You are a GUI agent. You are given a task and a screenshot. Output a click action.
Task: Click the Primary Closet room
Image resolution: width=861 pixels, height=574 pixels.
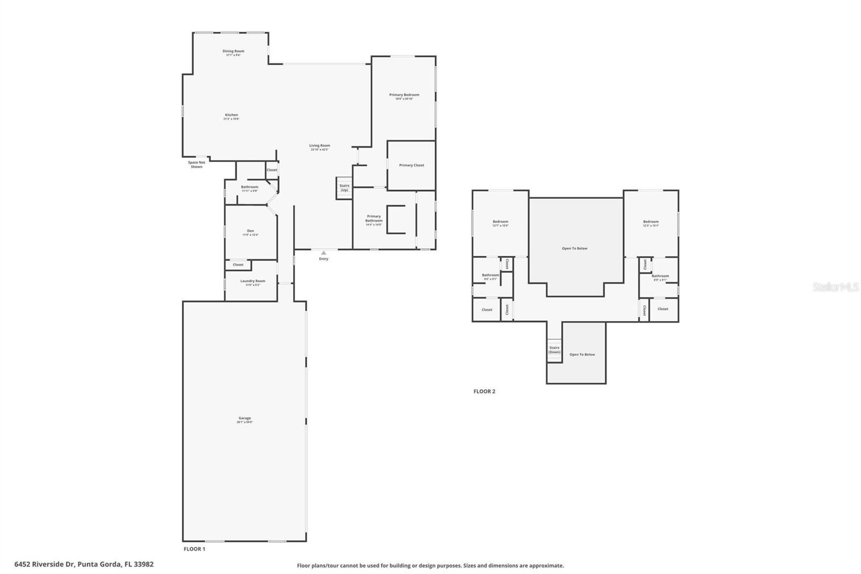pyautogui.click(x=412, y=165)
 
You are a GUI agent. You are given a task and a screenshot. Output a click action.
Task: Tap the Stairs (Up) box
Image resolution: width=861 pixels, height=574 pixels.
pyautogui.click(x=344, y=188)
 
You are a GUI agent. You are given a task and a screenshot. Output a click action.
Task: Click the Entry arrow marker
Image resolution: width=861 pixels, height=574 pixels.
pyautogui.click(x=323, y=253)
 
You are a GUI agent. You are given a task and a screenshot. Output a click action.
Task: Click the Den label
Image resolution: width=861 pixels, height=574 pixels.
pyautogui.click(x=250, y=232)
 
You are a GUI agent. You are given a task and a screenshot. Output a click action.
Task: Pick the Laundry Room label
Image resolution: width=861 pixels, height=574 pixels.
pyautogui.click(x=252, y=282)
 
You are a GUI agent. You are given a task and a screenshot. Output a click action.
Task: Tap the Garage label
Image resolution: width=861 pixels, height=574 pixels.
pyautogui.click(x=245, y=419)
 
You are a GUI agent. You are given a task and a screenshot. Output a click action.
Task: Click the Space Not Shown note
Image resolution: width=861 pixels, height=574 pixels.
pyautogui.click(x=196, y=164)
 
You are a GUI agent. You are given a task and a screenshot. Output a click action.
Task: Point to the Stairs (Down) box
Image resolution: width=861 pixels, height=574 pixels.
pyautogui.click(x=554, y=349)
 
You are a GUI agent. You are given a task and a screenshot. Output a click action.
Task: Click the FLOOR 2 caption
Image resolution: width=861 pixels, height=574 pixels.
pyautogui.click(x=484, y=391)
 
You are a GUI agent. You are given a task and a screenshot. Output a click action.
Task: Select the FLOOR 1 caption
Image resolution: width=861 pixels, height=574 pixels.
pyautogui.click(x=194, y=549)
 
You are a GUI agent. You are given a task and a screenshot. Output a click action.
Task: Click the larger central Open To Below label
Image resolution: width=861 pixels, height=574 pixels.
pyautogui.click(x=575, y=248)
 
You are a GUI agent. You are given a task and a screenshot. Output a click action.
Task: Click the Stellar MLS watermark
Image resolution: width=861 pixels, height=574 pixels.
pyautogui.click(x=835, y=288)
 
